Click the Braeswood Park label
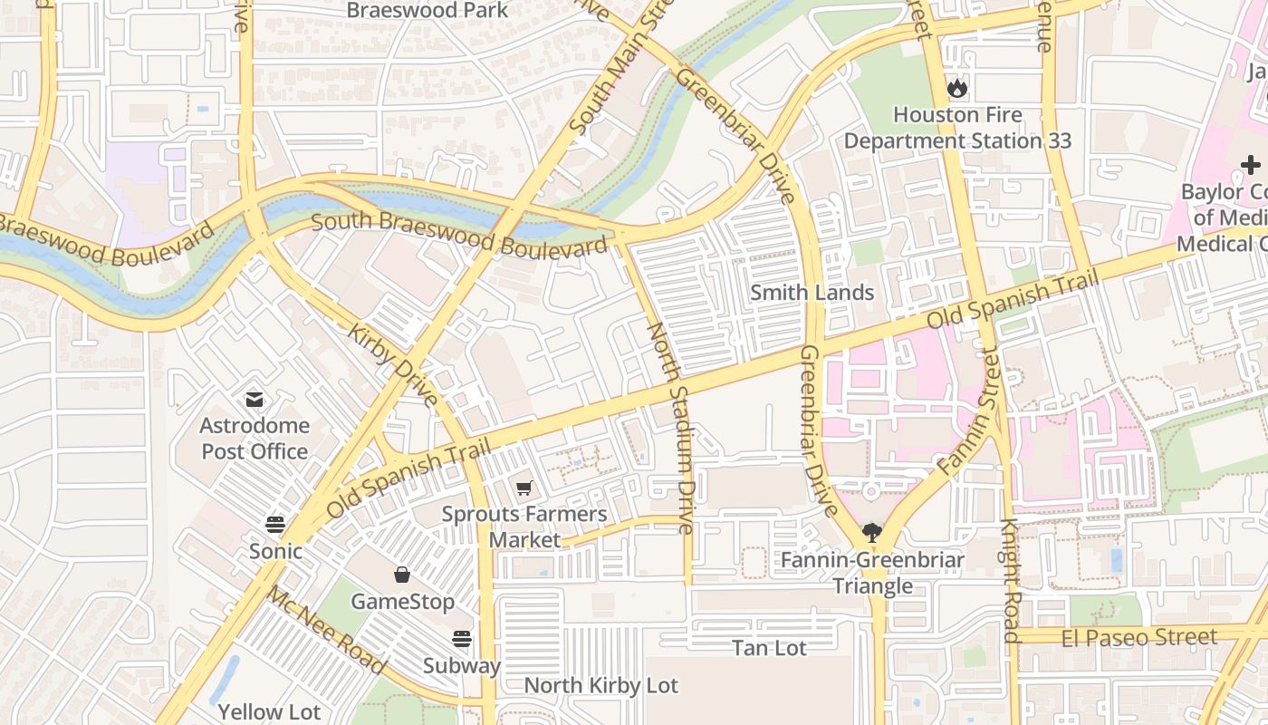pos(427,11)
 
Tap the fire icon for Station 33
pos(957,89)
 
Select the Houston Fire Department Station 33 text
pos(957,128)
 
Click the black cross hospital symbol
pos(1251,165)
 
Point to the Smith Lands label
pos(812,292)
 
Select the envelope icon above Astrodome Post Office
pos(254,399)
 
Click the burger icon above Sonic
pos(275,524)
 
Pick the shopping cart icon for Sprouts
pos(524,488)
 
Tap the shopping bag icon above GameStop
pos(402,575)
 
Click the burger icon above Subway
pos(462,639)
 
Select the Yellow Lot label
pos(269,711)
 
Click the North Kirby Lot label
pos(600,685)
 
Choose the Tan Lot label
pos(769,647)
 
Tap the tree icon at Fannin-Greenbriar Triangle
pos(872,532)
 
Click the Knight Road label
pos(1012,581)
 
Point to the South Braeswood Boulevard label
pos(459,234)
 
